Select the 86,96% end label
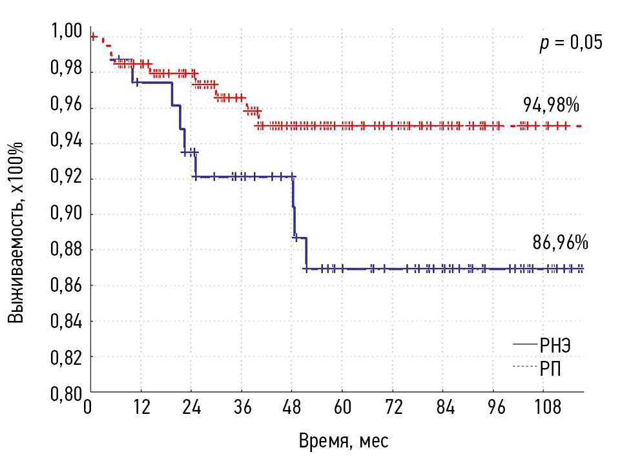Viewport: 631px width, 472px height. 560,243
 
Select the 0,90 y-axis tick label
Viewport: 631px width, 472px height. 67,214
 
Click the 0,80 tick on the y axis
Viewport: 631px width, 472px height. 67,392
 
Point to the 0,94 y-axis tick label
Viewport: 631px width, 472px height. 67,143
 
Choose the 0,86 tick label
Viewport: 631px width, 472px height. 67,285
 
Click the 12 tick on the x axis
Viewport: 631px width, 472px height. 141,408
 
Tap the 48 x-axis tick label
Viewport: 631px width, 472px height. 292,408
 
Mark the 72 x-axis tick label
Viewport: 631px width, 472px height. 393,408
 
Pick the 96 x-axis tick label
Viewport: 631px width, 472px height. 493,408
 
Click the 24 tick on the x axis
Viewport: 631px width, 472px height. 192,408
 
